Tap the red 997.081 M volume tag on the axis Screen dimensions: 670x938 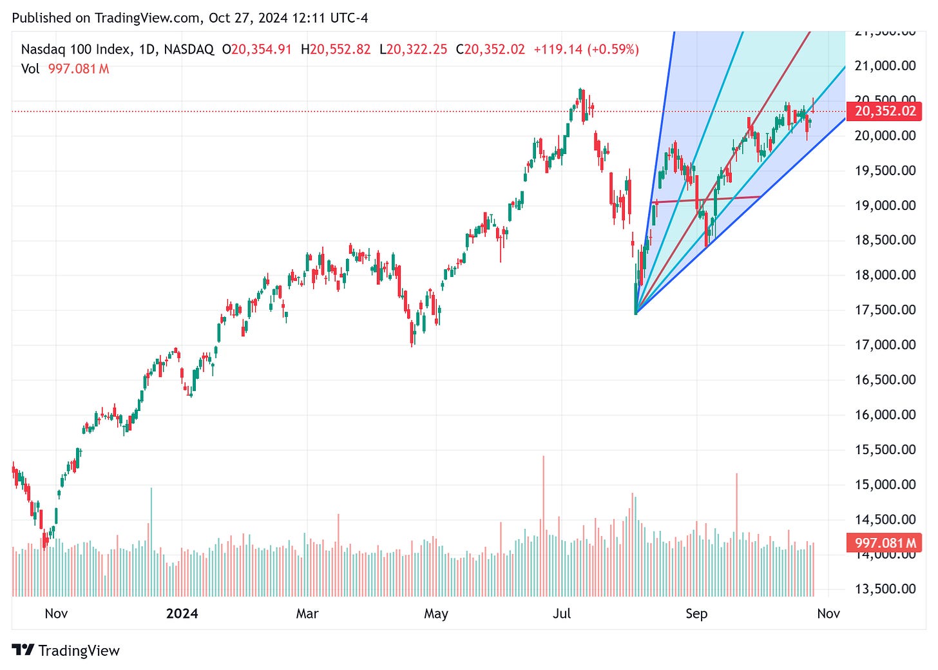pos(885,543)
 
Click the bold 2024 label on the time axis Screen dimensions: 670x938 pos(182,613)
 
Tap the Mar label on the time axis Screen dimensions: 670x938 pos(307,613)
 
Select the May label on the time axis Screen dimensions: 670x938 pos(436,613)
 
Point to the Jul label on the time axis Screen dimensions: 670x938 pos(562,613)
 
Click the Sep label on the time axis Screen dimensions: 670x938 pos(696,613)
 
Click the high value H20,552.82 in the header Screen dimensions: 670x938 pos(336,50)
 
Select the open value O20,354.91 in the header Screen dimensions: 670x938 pos(257,50)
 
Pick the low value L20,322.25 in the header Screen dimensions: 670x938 pos(413,50)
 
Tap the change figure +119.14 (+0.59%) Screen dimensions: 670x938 pos(586,50)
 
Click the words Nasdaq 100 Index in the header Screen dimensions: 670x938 pos(75,50)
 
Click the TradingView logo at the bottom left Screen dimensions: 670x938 pos(66,651)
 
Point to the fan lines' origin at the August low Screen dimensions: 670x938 pos(636,314)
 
